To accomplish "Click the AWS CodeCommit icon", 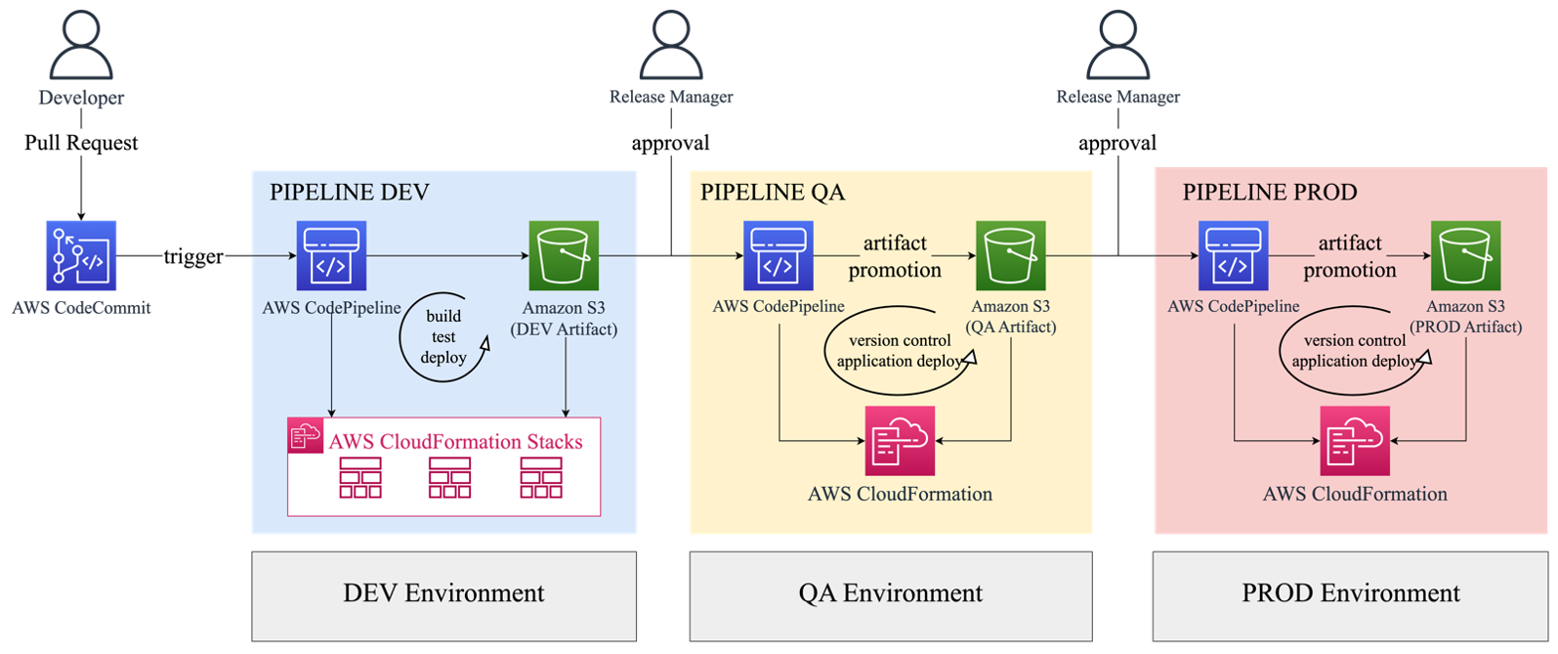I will click(81, 256).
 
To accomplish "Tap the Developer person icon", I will click(81, 47).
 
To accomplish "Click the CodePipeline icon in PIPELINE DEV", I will click(331, 256).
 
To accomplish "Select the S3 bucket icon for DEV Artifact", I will click(564, 256).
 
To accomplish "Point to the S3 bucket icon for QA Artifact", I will click(1011, 256).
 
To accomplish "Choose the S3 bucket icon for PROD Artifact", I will click(1465, 256).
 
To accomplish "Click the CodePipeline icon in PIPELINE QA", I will click(778, 256).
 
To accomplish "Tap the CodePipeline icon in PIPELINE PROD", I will click(1233, 256).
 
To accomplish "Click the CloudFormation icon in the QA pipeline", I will click(900, 441).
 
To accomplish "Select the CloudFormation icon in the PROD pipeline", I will click(1355, 441).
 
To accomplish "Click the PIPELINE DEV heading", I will click(350, 192).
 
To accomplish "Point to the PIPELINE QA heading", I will click(773, 192).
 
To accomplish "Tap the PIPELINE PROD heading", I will click(1270, 192).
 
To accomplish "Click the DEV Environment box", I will click(443, 594).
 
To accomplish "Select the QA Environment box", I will click(891, 594).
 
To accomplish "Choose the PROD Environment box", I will click(1351, 594).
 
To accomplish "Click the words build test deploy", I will click(443, 336).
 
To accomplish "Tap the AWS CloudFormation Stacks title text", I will click(455, 442).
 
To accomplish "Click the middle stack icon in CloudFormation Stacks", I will click(449, 478).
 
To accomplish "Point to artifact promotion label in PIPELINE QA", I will click(895, 256).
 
